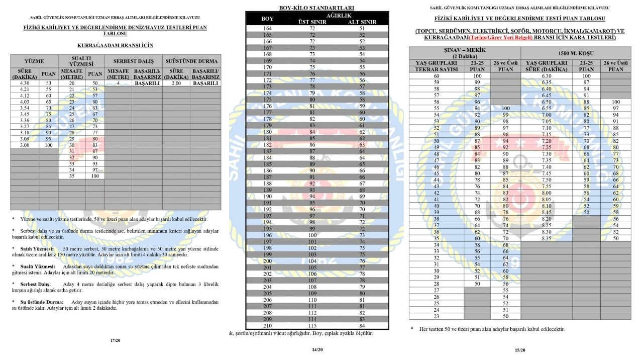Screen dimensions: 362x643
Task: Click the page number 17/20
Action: coord(115,340)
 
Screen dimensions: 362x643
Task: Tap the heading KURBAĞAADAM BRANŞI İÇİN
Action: coord(115,45)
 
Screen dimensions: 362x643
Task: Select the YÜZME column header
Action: coord(34,61)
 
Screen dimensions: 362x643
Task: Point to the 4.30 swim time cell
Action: coord(24,83)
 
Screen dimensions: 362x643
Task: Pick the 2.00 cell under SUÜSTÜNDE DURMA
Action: coord(176,83)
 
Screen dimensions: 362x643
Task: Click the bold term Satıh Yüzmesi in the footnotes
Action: coord(37,249)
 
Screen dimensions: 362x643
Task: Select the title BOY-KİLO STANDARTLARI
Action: coord(316,8)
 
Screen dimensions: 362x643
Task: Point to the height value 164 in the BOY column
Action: coord(267,29)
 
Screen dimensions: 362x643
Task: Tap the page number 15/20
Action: coord(519,350)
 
